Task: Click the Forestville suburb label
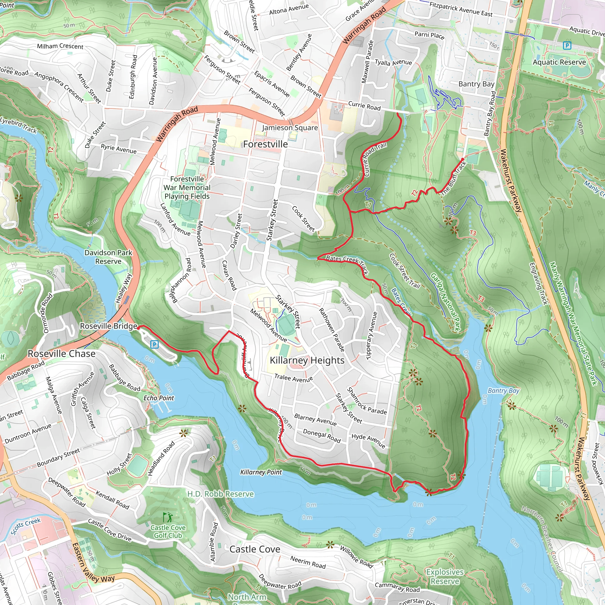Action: pos(265,144)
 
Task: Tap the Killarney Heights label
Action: pos(307,360)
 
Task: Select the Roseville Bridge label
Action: pos(108,326)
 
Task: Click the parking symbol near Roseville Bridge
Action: pos(154,344)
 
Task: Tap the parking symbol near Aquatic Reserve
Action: pos(567,46)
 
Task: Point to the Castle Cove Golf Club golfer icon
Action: pos(168,517)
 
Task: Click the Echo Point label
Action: pos(158,398)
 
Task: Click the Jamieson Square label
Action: pos(290,128)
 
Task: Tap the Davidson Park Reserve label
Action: pos(108,257)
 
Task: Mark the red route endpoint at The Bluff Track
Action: pos(463,160)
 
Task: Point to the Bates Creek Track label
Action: pos(347,264)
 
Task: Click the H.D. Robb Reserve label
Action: pos(220,494)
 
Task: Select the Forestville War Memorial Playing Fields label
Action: pos(187,188)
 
